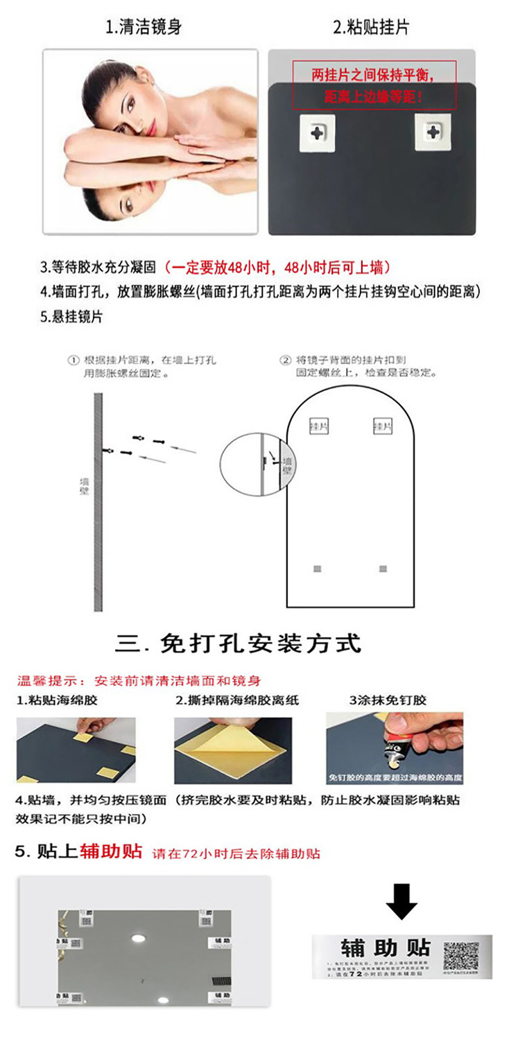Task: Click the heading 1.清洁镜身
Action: [144, 28]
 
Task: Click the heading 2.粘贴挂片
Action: [372, 28]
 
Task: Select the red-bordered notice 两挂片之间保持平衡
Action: [374, 85]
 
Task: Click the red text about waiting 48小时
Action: [280, 267]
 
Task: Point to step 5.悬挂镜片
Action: [71, 317]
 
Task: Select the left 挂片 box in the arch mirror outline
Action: [318, 425]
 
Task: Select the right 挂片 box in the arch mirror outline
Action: [381, 425]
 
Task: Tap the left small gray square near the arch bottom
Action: [318, 569]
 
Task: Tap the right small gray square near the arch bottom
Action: [383, 569]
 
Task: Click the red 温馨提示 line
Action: [139, 680]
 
